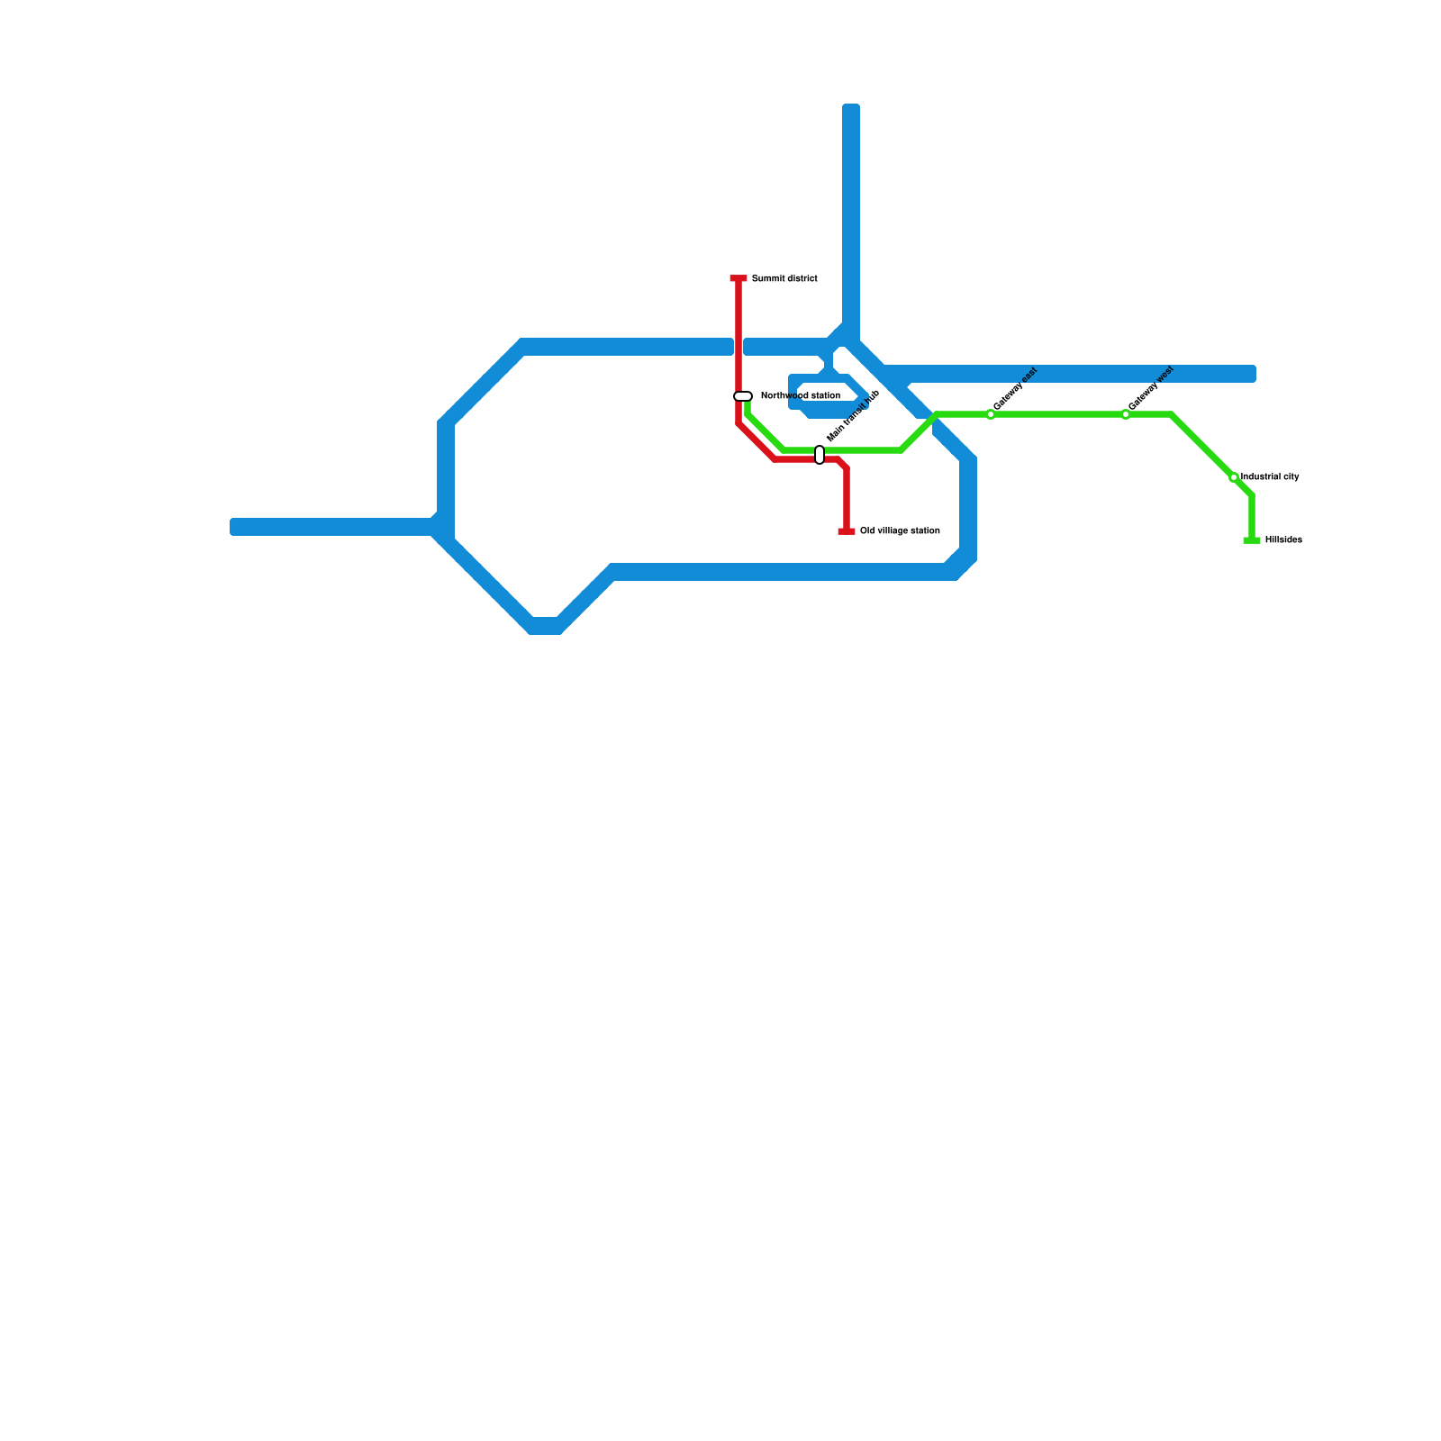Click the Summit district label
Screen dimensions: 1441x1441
point(784,279)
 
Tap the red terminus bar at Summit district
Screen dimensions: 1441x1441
point(739,279)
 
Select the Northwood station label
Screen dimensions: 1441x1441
point(800,396)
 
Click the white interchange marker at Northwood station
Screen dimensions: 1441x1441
point(743,396)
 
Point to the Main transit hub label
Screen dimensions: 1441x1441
point(852,416)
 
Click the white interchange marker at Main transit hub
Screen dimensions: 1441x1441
point(820,455)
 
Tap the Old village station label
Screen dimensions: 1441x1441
point(900,531)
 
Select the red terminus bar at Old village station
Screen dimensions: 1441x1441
point(847,531)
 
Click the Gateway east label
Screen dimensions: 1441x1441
point(1016,389)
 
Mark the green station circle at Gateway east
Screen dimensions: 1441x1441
point(991,414)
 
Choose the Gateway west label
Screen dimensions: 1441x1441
point(1151,388)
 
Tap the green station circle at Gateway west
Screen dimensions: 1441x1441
point(1126,414)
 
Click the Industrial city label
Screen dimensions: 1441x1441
point(1270,477)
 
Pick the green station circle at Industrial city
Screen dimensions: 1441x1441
point(1234,477)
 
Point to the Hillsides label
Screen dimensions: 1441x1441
point(1283,540)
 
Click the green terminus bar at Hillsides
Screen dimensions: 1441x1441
point(1252,540)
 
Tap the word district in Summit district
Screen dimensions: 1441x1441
point(800,279)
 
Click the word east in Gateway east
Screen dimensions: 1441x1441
point(1029,376)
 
